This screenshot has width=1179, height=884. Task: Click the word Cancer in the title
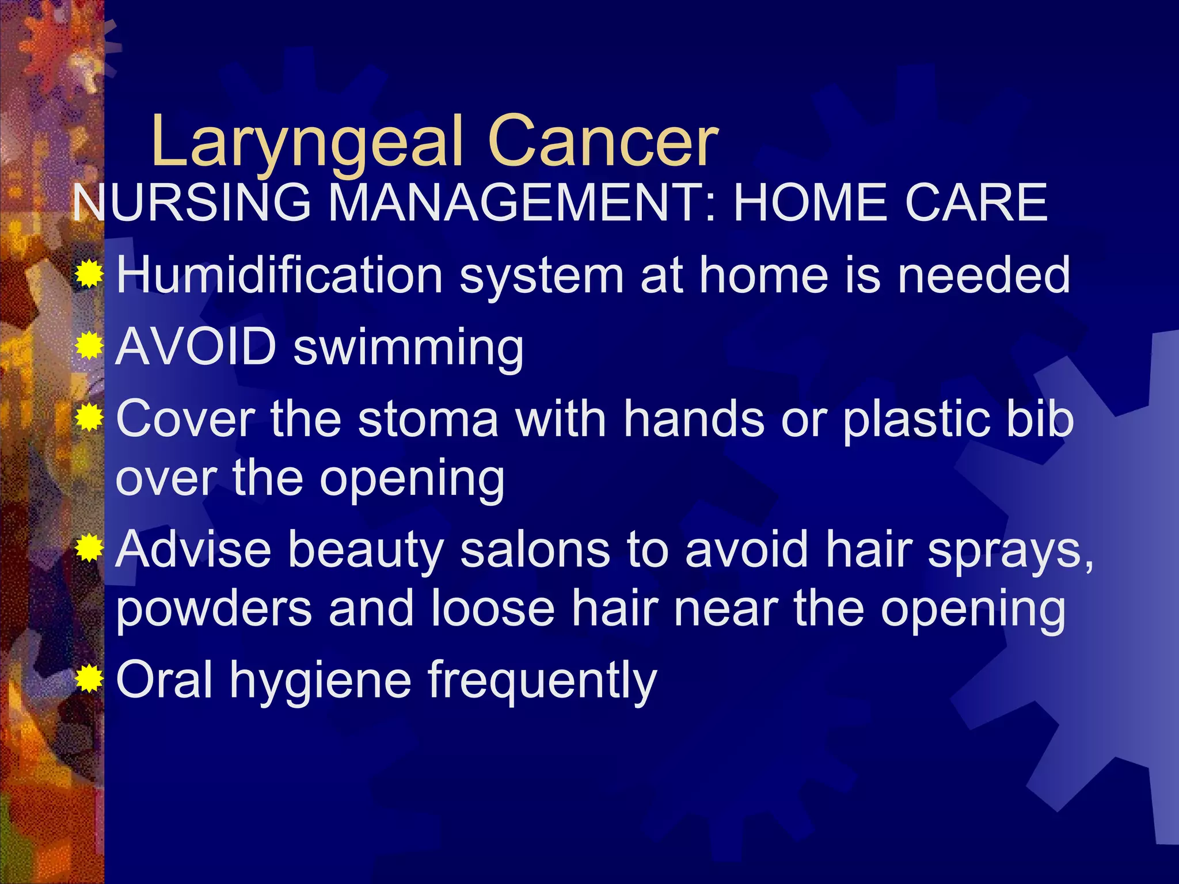pyautogui.click(x=603, y=142)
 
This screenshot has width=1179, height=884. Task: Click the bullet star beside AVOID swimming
pyautogui.click(x=89, y=346)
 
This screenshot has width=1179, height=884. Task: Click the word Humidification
pyautogui.click(x=279, y=275)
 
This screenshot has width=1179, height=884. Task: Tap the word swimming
pyautogui.click(x=409, y=348)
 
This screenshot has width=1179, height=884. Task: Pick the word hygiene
pyautogui.click(x=320, y=682)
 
